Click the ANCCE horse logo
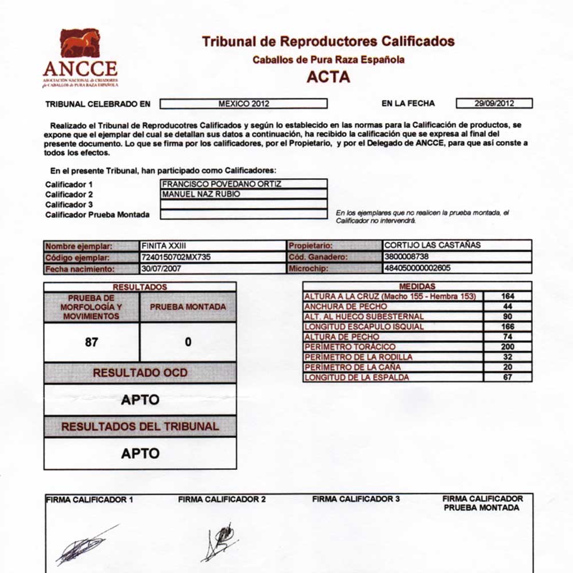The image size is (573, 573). coord(80,44)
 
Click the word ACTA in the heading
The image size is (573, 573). coord(328,77)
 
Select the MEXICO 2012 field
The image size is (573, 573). coord(244,104)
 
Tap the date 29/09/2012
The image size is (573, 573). coord(494,104)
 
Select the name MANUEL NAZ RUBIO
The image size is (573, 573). coord(201,194)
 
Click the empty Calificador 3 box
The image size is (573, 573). coord(244,204)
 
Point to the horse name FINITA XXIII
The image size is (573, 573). coord(162,245)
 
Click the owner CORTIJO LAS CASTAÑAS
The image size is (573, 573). coord(433,245)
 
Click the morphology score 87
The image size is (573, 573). coord(91,342)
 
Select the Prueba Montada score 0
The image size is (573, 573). coord(188,342)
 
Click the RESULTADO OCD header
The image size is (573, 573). coord(140,372)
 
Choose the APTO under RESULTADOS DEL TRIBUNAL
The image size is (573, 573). coord(140,453)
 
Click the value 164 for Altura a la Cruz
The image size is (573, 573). coord(507,296)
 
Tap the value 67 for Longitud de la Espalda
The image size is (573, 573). coord(507,377)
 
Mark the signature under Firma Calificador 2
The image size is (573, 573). coord(221,541)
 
